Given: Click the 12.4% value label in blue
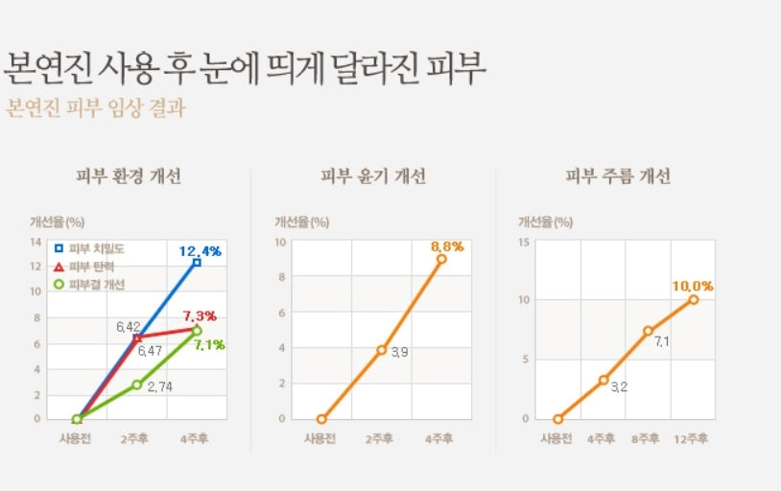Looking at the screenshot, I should pos(200,251).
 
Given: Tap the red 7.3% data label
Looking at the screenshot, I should pos(199,316).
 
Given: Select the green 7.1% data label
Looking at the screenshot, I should pos(208,344).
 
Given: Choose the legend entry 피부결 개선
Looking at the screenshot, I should pos(96,284).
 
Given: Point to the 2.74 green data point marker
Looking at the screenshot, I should pos(137,385).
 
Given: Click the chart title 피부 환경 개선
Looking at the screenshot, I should pos(129,176).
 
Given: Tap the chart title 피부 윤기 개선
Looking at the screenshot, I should pos(373,176).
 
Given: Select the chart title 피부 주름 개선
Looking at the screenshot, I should pos(618,176).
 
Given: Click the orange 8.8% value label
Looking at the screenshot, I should pos(447,246).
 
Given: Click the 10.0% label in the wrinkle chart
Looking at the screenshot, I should pos(694,286).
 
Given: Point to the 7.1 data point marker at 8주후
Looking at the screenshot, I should pos(649,331).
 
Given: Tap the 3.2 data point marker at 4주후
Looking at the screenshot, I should pos(603,380).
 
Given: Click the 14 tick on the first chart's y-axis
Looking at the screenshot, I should pos(35,242).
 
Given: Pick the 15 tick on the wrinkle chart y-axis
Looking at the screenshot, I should pos(524,242).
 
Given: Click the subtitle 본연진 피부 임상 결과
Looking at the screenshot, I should pos(95,107).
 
